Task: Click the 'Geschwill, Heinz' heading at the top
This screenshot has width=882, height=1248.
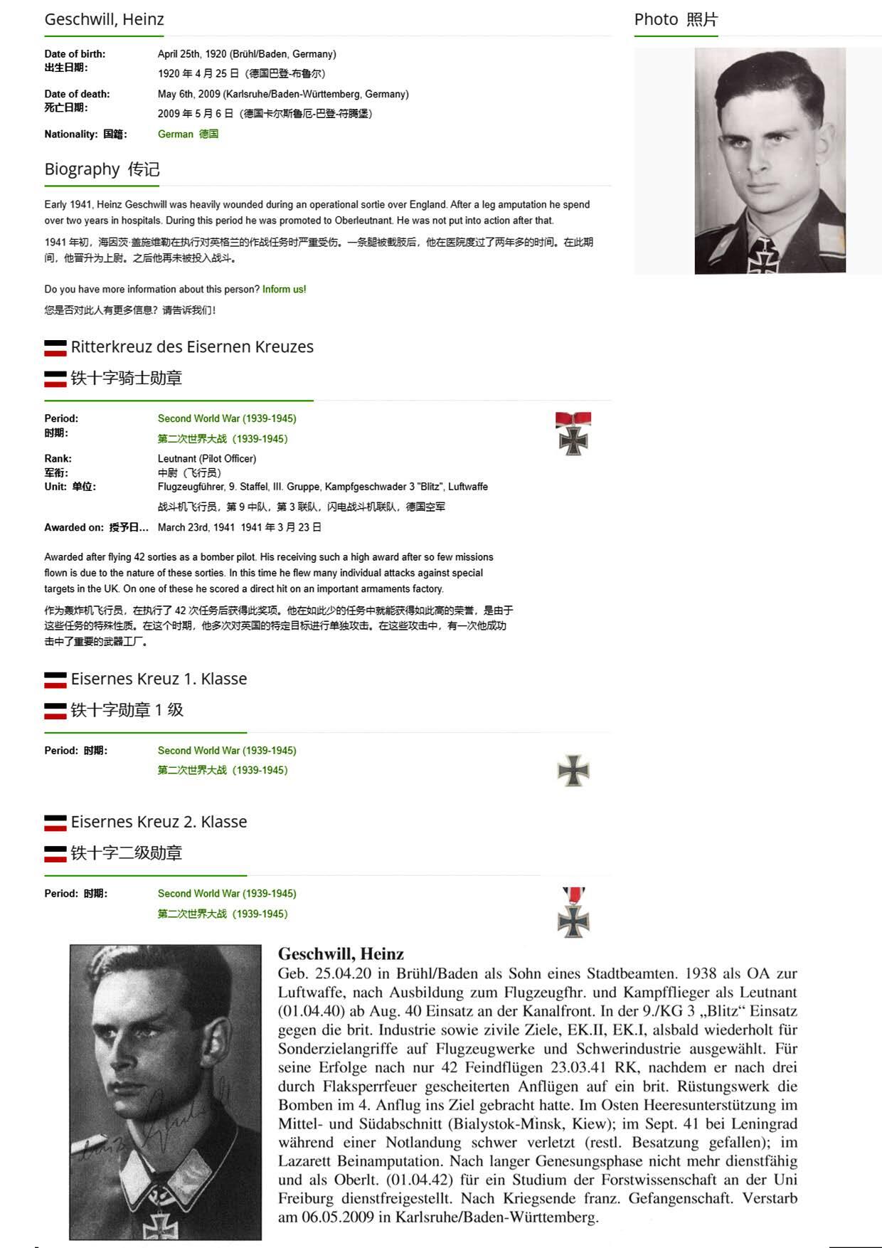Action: click(x=104, y=19)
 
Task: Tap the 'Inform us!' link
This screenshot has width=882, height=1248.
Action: click(x=284, y=290)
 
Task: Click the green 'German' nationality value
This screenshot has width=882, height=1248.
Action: click(x=176, y=134)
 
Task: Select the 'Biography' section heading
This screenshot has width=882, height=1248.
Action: click(x=82, y=169)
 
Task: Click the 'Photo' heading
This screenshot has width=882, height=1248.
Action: click(x=656, y=19)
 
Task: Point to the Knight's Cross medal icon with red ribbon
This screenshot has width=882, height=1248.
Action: click(x=573, y=433)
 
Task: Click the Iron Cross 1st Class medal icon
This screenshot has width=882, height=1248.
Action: click(x=573, y=771)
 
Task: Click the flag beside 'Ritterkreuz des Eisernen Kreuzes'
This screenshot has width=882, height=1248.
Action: click(x=55, y=348)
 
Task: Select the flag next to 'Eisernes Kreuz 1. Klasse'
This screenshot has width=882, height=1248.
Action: click(x=55, y=679)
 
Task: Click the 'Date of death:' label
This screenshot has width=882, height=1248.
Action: click(x=77, y=94)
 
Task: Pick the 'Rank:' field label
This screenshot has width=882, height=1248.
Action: click(x=58, y=458)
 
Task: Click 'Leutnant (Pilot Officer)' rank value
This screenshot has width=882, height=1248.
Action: click(x=207, y=458)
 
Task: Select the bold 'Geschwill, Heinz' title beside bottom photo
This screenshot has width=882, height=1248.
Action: click(x=341, y=953)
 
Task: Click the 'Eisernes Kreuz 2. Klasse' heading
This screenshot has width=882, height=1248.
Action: click(x=159, y=822)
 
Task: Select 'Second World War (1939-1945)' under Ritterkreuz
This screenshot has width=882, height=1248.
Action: click(x=227, y=418)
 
